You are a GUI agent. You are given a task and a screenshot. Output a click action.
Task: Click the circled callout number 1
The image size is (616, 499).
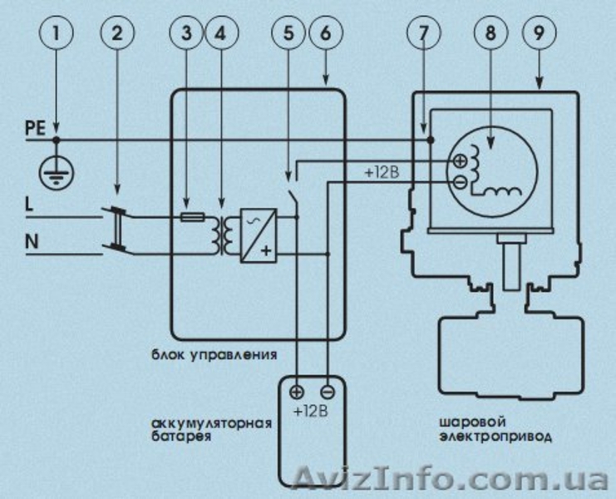click(x=57, y=32)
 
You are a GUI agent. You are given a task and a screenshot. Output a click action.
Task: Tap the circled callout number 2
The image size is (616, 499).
click(x=117, y=32)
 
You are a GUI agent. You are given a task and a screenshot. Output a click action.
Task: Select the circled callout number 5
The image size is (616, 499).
click(x=288, y=32)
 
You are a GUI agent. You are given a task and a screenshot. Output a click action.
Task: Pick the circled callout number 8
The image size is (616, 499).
click(x=490, y=32)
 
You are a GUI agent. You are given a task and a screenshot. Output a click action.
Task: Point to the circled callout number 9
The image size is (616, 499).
click(x=539, y=32)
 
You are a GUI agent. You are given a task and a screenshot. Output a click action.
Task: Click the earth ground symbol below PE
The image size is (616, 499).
click(x=57, y=172)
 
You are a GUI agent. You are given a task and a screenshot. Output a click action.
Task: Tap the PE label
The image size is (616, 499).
click(x=36, y=129)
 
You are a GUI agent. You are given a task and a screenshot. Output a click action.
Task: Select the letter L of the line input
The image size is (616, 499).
click(x=29, y=204)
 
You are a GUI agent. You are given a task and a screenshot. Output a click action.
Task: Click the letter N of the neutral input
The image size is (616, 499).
click(x=32, y=241)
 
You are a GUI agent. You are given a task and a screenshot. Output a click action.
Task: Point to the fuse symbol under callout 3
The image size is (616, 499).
click(x=192, y=216)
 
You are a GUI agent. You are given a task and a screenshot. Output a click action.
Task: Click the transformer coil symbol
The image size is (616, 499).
click(x=222, y=235)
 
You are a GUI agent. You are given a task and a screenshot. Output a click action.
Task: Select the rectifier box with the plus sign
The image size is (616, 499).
click(x=259, y=235)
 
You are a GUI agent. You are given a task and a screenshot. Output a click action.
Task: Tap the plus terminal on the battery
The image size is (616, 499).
click(x=297, y=392)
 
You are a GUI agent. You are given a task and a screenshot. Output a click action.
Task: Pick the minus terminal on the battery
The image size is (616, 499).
click(x=328, y=392)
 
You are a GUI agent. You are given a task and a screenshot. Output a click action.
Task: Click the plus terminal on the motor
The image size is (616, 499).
click(x=460, y=161)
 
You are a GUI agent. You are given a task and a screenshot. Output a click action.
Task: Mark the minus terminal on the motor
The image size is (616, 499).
click(x=460, y=181)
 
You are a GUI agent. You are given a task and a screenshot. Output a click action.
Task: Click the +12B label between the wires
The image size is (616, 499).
click(x=382, y=172)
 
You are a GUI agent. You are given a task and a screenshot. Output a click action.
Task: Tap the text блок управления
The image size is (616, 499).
click(x=214, y=354)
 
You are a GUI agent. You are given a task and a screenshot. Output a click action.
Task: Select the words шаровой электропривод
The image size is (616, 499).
click(x=495, y=429)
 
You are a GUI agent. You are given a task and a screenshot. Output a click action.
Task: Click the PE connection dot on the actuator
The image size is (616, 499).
click(x=431, y=140)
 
